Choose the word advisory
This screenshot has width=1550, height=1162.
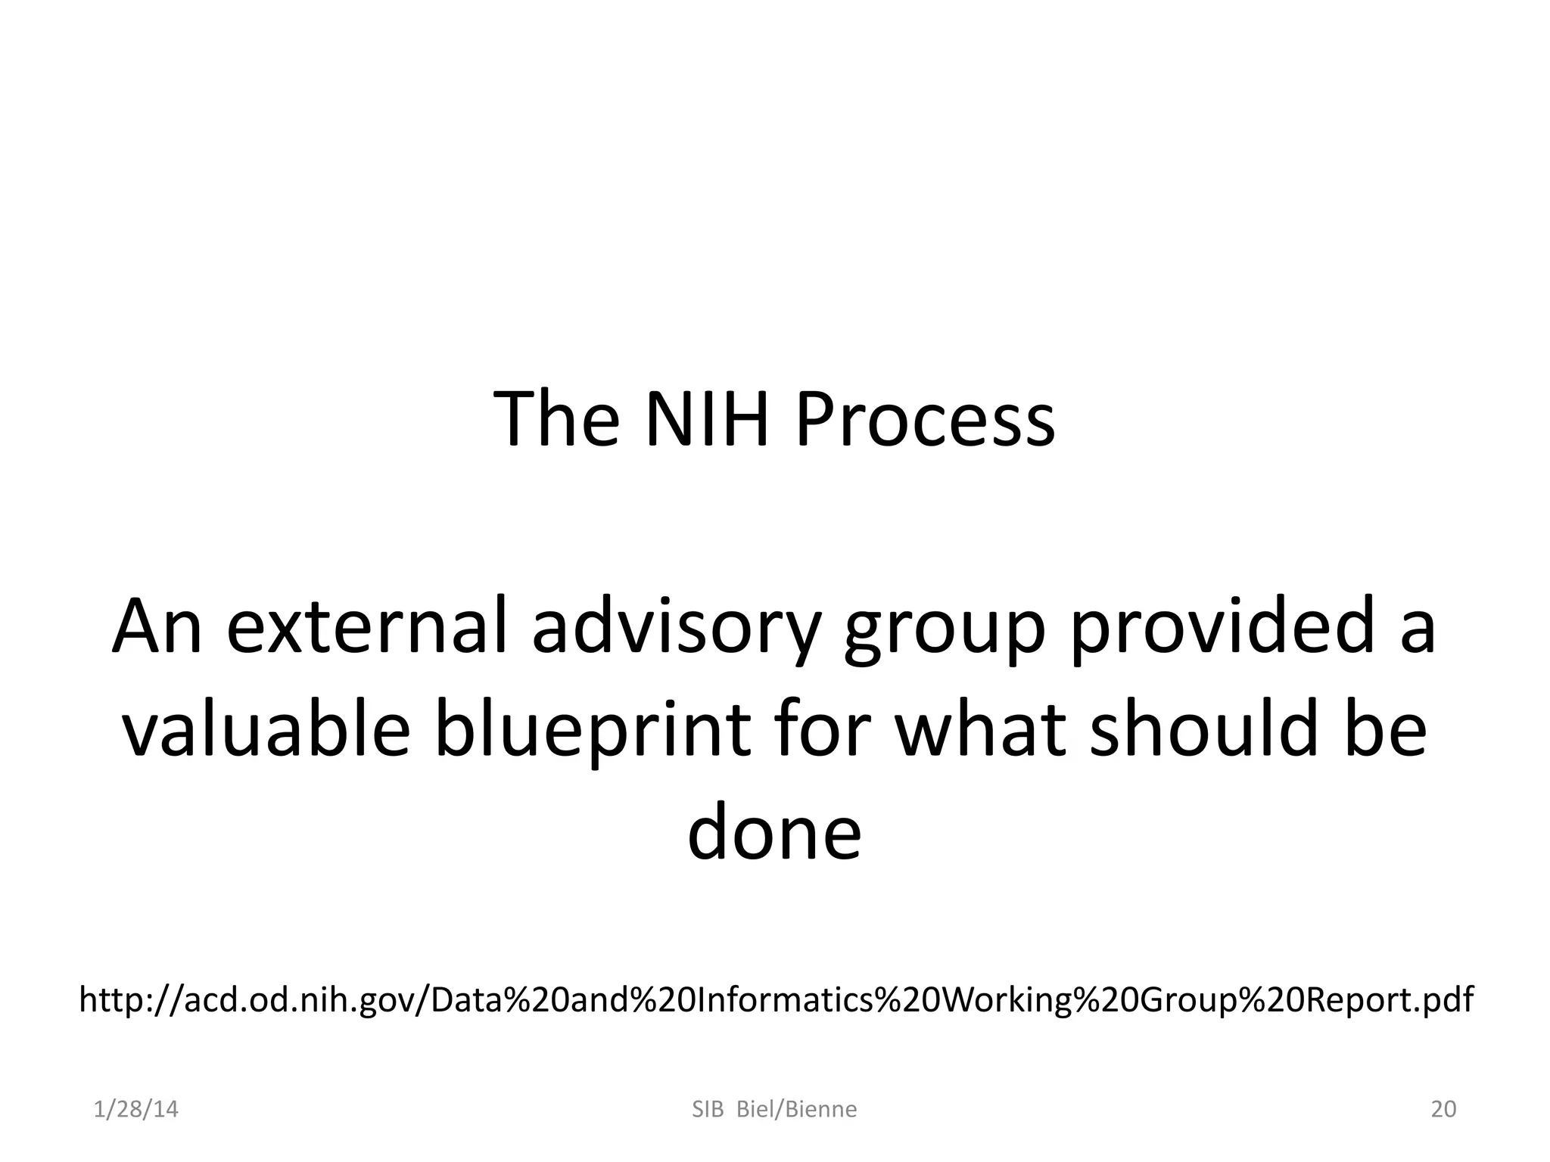pyautogui.click(x=675, y=628)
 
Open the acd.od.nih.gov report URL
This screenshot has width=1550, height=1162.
pyautogui.click(x=776, y=1000)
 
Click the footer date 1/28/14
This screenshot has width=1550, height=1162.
pyautogui.click(x=136, y=1109)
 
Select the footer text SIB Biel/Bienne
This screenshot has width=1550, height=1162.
pyautogui.click(x=774, y=1109)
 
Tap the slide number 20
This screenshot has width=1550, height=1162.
pyautogui.click(x=1443, y=1109)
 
